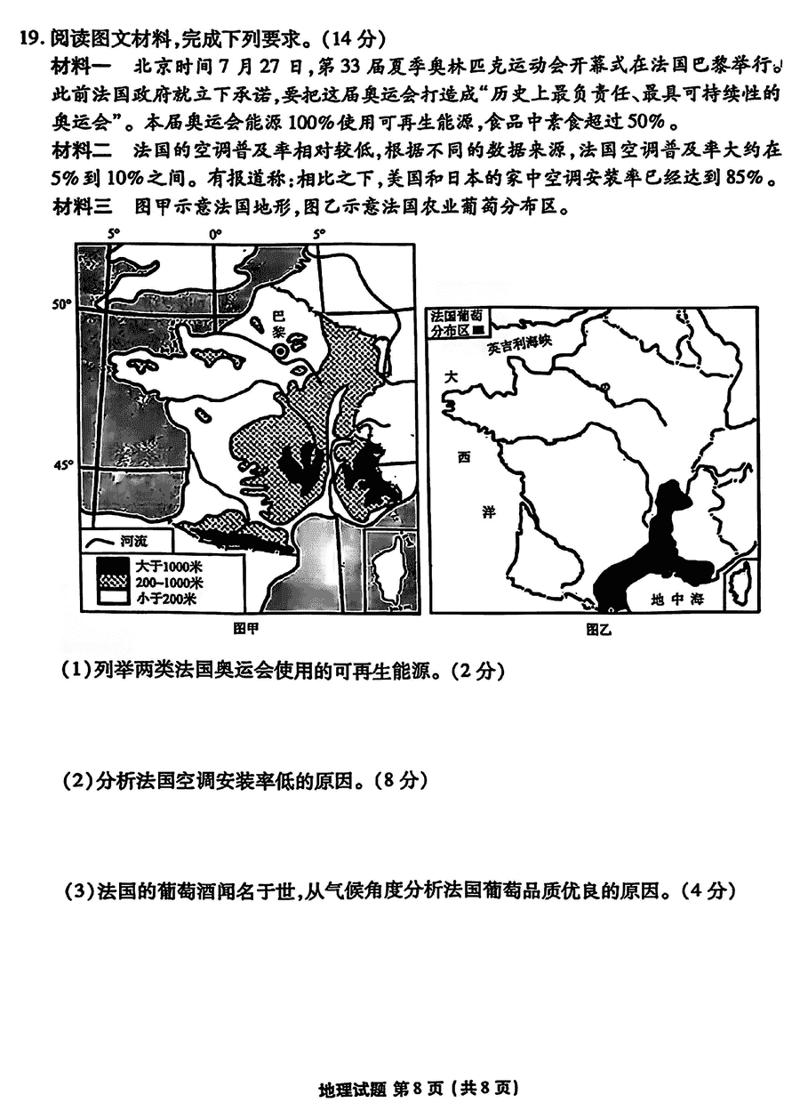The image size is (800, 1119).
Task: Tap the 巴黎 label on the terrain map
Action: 277,323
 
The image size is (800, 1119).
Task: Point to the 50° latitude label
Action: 60,304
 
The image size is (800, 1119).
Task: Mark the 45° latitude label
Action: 60,464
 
